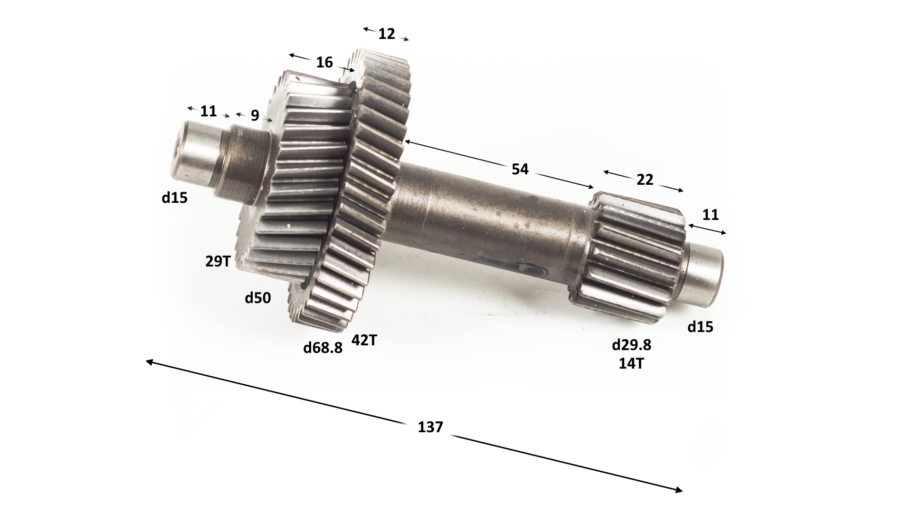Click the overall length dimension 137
click(x=430, y=427)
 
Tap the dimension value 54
click(x=520, y=169)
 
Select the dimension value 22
click(x=645, y=180)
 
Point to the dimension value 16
click(x=324, y=62)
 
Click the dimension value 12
click(x=387, y=34)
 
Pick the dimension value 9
click(x=255, y=115)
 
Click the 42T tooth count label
click(x=364, y=340)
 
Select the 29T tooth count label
click(x=218, y=261)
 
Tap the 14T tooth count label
click(x=631, y=364)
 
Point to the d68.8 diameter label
click(x=323, y=348)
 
